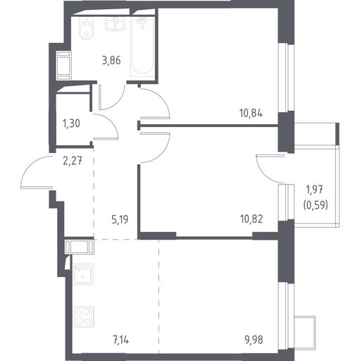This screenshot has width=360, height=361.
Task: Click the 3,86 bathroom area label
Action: pos(111,61)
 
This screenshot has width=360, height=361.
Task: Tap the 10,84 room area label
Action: pos(251,114)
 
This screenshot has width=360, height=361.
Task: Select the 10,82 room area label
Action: pos(252,219)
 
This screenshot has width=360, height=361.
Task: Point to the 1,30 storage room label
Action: pos(71,123)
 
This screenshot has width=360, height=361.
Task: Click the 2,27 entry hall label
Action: pos(73,161)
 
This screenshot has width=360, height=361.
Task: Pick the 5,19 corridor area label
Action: pos(120,220)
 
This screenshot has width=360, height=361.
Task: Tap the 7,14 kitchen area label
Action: pos(121,340)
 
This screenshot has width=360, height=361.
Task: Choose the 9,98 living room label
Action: pos(254,340)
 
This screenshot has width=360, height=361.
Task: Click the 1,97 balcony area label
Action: pos(315,190)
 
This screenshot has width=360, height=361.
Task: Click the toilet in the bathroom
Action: pos(87,28)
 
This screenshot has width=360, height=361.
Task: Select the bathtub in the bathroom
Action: pos(142,47)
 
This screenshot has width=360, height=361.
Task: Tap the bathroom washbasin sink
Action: pos(115,24)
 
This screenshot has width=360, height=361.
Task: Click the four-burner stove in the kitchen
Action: pos(84,317)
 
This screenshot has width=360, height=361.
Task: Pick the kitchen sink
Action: pos(83,274)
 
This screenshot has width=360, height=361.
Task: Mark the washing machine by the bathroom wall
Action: pos(63,66)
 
